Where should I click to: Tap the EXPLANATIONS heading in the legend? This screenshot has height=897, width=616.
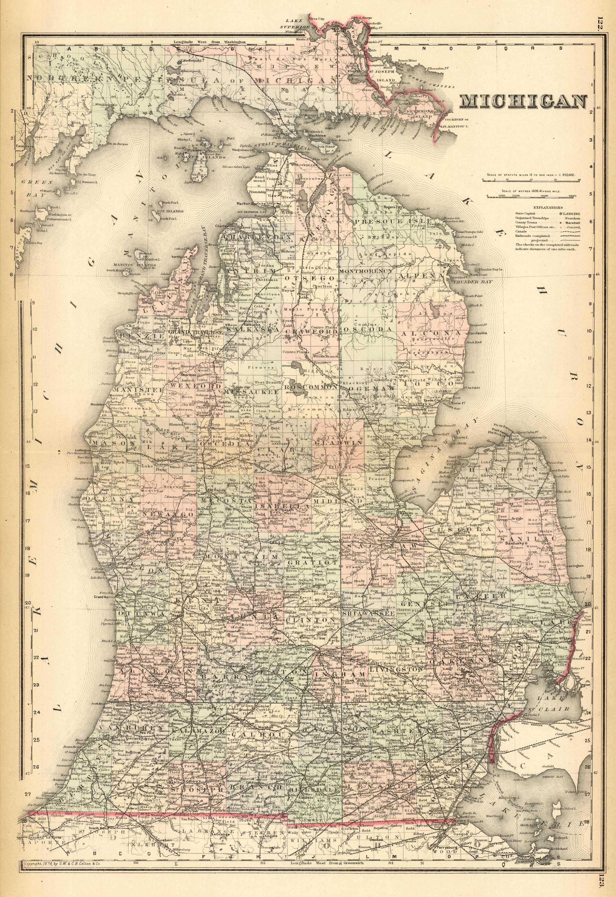[x=548, y=207]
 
